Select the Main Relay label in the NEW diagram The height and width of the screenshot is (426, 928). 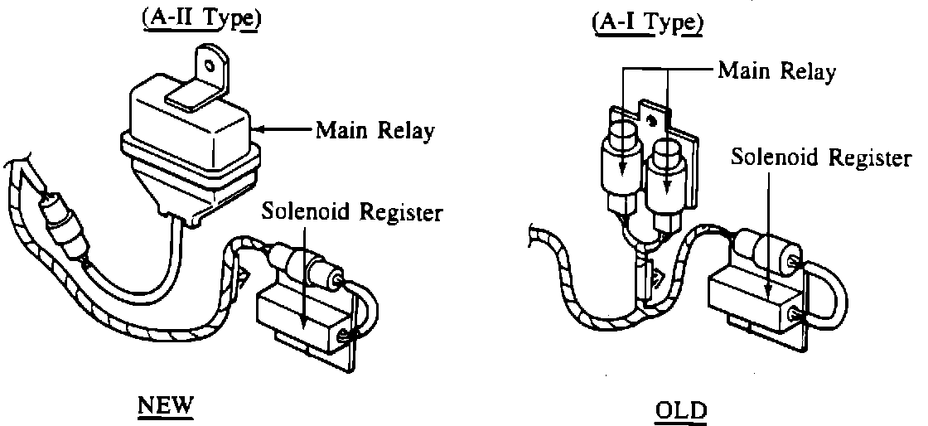click(x=374, y=131)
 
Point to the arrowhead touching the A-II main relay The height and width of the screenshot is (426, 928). click(x=259, y=129)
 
